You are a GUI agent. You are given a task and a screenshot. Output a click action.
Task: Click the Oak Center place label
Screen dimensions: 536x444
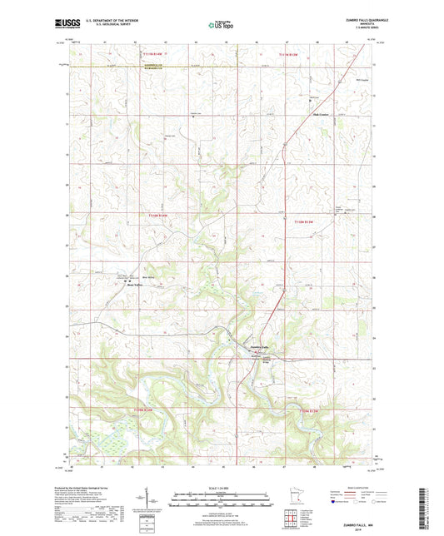[320, 114]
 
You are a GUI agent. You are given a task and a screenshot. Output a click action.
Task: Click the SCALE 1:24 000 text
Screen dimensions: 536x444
[222, 488]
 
